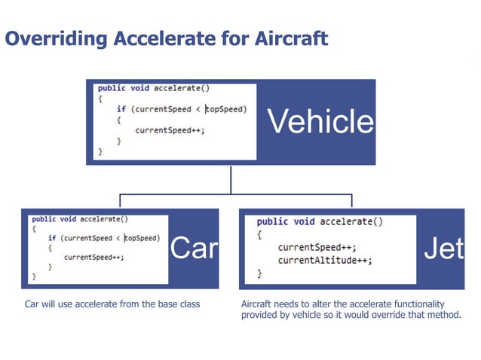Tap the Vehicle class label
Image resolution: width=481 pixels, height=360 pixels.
pos(321,121)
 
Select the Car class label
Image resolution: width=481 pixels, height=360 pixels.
pos(194,248)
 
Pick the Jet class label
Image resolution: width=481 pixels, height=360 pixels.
pos(443,248)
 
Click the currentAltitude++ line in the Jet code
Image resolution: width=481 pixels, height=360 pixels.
pos(325,261)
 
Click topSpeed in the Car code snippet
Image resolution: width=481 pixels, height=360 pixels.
pos(142,238)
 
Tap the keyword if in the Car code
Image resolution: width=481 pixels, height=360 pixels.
pos(52,238)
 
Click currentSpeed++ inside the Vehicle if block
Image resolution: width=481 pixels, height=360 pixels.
pos(170,130)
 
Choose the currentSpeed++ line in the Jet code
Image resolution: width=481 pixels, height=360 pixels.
pos(317,247)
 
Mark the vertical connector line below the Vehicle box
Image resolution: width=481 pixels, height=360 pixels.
pos(231,178)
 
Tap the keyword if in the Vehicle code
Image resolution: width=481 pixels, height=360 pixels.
pos(121,109)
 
